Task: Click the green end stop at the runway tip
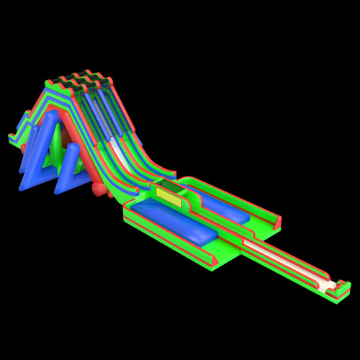pyautogui.click(x=338, y=290)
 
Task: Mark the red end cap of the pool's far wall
pyautogui.click(x=277, y=223)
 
